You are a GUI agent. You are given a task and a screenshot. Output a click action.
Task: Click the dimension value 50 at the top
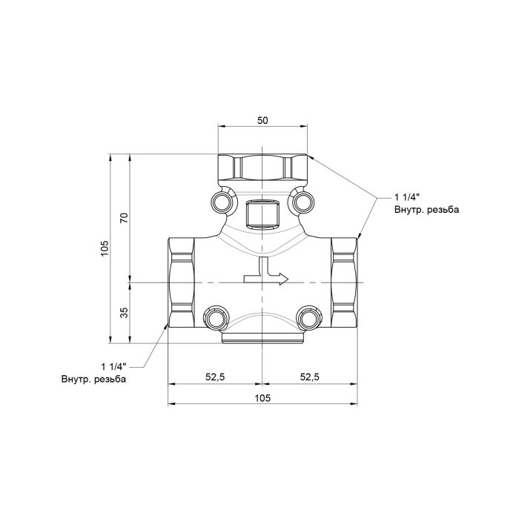[262, 119]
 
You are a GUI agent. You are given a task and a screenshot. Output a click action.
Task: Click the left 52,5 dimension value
[215, 377]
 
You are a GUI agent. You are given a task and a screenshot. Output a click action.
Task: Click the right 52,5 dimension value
[309, 377]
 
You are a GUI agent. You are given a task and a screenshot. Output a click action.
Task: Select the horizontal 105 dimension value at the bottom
[262, 398]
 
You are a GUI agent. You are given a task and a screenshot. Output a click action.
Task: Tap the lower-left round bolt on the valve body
[216, 317]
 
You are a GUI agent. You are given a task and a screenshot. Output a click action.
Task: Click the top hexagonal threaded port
[262, 168]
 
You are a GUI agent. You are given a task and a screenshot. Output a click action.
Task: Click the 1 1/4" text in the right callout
[407, 197]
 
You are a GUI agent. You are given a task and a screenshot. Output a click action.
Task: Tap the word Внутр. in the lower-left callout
[76, 379]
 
